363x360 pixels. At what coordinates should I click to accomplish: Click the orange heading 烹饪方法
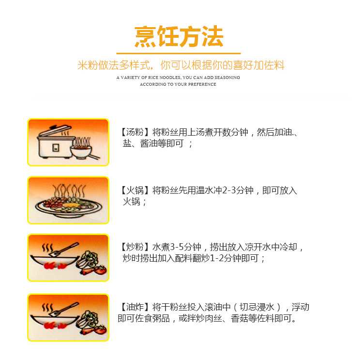(x=179, y=37)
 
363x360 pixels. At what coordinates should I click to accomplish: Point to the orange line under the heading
(x=179, y=54)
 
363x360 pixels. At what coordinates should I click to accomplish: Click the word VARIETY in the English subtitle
(x=131, y=78)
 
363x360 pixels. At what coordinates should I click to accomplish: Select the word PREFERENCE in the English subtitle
(x=202, y=84)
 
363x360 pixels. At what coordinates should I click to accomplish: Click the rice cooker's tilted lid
(x=55, y=130)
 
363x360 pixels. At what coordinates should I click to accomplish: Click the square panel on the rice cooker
(x=56, y=148)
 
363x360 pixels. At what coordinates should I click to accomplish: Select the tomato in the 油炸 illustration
(x=101, y=329)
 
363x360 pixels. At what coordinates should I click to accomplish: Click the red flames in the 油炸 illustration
(x=55, y=326)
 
